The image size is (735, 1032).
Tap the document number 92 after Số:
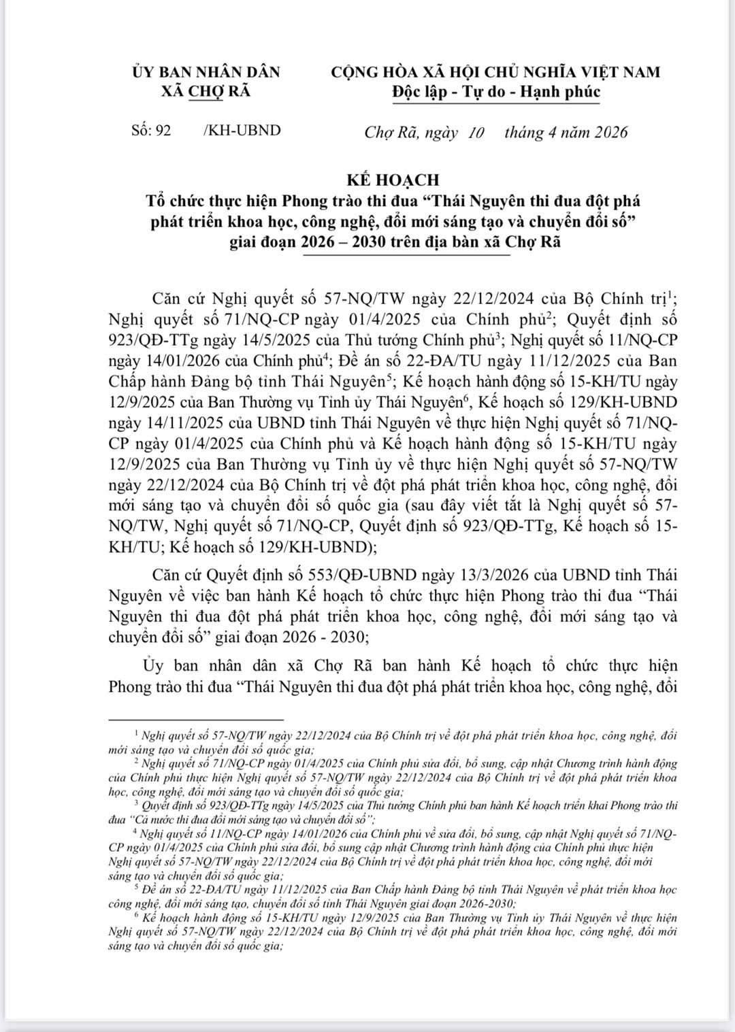point(163,131)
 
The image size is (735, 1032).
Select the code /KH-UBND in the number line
point(242,131)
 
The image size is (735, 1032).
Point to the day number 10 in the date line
point(476,133)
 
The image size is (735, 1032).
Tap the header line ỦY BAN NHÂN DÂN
point(206,72)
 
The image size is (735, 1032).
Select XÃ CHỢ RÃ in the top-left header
point(206,91)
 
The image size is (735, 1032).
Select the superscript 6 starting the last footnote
point(137,915)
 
